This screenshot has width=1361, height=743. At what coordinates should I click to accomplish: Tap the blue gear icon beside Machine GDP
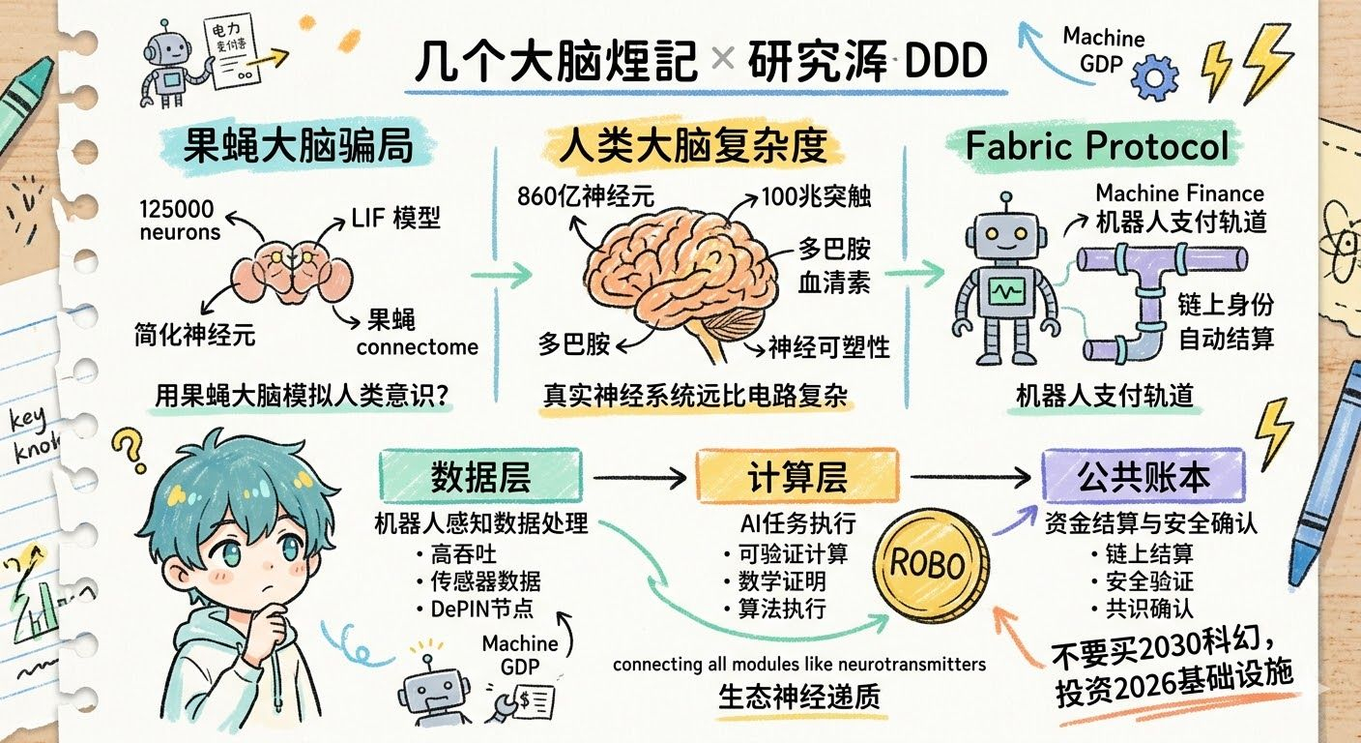click(x=1154, y=77)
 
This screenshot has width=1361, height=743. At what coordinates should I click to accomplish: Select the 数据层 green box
click(x=480, y=477)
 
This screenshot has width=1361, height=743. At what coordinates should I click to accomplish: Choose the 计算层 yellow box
click(x=797, y=477)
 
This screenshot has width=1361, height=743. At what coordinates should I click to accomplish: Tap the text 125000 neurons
click(x=180, y=221)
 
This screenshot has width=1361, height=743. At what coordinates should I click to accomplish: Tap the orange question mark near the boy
click(x=128, y=448)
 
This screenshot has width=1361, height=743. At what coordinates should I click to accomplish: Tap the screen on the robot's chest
click(x=1009, y=291)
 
